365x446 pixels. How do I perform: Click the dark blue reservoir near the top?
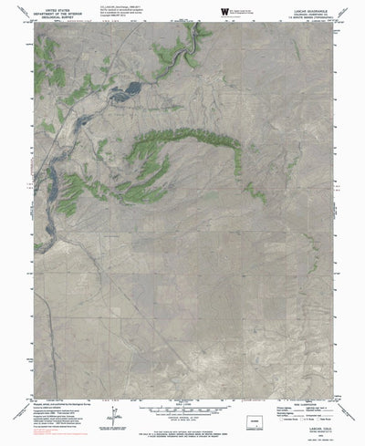click(x=127, y=89)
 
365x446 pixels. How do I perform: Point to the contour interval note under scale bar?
click(x=183, y=390)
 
